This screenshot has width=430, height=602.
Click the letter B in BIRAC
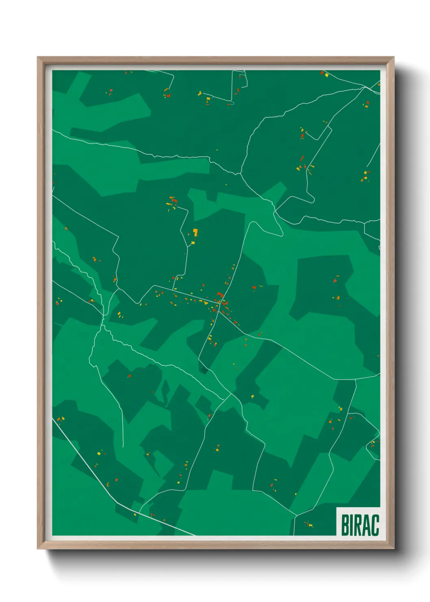(x=346, y=525)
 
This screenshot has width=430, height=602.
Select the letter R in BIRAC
(x=360, y=525)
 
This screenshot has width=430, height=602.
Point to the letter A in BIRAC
(x=368, y=525)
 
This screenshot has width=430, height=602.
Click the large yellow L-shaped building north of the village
(x=195, y=232)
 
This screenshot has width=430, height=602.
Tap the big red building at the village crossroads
(x=220, y=294)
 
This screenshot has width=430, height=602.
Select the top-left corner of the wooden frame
(x=38, y=57)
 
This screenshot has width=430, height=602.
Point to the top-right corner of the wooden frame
(x=394, y=57)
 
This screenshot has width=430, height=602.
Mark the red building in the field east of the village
(x=254, y=288)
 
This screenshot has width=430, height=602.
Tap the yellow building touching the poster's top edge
(x=326, y=75)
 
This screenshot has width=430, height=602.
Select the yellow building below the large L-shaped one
(x=193, y=243)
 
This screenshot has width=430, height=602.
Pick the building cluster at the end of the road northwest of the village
(x=172, y=202)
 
